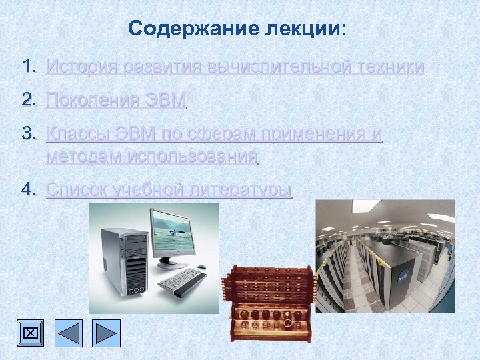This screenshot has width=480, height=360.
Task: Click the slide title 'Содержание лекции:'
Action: [x=238, y=29]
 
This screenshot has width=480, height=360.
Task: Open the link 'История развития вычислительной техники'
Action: [x=235, y=67]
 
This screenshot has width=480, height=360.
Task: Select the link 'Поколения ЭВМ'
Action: [x=117, y=101]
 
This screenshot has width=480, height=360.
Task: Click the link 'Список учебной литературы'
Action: [x=169, y=191]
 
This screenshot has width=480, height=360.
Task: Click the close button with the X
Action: [x=31, y=333]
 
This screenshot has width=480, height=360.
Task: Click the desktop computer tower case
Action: [x=123, y=260]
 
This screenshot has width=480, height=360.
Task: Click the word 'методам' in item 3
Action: [x=83, y=158]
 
